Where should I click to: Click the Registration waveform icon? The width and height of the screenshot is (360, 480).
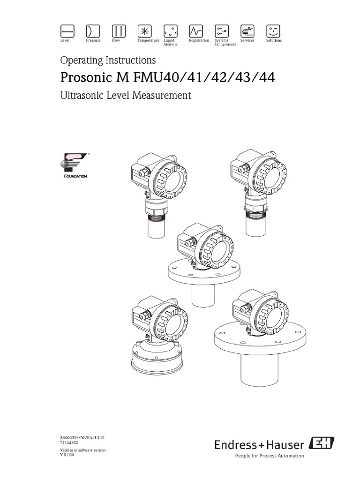pos(195,30)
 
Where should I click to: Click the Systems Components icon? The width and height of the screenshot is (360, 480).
pos(221,30)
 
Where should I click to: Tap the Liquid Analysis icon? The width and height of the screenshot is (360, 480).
pos(170,30)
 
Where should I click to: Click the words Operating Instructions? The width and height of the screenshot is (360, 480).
pos(108,60)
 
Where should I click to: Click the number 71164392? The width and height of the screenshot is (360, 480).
pos(71,443)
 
